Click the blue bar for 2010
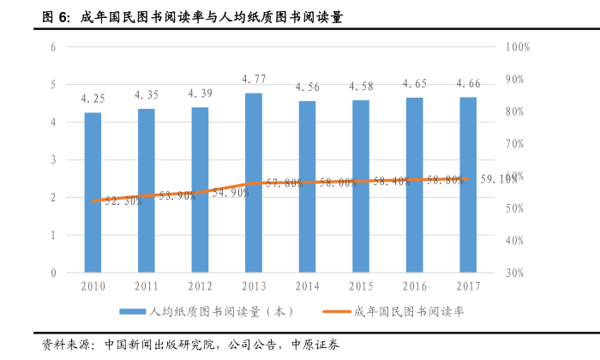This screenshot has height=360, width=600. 93,193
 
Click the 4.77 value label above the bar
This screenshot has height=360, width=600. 254,79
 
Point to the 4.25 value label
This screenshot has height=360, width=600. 93,99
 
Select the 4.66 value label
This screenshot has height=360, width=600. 468,83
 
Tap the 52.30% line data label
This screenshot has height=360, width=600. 123,201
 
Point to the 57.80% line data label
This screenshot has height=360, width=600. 282,183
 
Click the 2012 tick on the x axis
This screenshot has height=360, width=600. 200,285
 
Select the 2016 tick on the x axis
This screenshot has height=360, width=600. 414,285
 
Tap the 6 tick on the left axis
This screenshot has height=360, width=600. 53,46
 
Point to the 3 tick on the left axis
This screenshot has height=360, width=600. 53,159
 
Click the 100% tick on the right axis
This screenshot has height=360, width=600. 518,46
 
